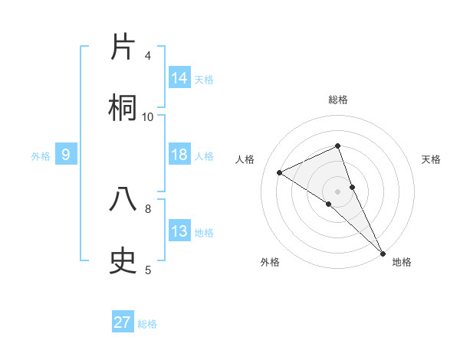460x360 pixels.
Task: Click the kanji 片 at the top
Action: [124, 47]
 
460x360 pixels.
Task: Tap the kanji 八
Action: [124, 200]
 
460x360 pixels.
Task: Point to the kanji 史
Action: [124, 261]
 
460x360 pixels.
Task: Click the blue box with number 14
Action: [179, 77]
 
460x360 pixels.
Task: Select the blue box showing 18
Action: [179, 155]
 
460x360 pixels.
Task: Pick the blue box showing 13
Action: [179, 231]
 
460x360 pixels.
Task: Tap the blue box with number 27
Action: [123, 322]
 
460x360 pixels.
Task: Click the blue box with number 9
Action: [66, 155]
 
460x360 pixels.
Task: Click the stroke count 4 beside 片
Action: [148, 56]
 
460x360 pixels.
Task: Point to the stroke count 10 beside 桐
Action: [148, 116]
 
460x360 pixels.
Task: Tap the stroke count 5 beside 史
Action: [148, 270]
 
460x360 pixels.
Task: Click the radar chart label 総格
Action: [338, 100]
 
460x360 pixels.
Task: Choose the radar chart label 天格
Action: [431, 159]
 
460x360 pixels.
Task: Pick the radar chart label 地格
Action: [402, 262]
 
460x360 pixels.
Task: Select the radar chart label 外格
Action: [270, 262]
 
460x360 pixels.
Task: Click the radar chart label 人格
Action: [245, 159]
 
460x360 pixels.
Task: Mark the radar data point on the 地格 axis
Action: [383, 252]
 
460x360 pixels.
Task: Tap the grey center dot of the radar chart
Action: [338, 191]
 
